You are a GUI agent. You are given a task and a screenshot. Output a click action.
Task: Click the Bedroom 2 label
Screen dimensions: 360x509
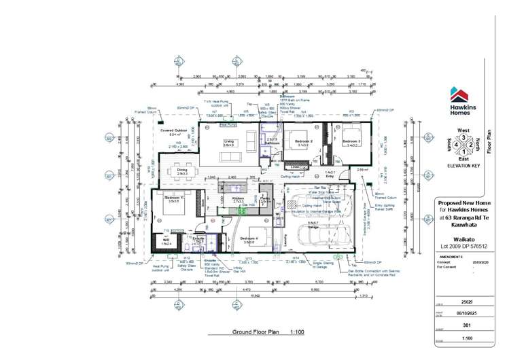click(303, 142)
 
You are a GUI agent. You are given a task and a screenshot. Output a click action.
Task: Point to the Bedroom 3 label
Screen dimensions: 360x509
click(351, 142)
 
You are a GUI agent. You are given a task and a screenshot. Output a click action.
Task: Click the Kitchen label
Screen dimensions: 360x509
click(238, 198)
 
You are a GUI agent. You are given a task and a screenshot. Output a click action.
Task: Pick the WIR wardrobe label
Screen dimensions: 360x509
click(166, 239)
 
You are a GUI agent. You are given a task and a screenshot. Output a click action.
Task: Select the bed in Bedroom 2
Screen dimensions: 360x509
click(302, 133)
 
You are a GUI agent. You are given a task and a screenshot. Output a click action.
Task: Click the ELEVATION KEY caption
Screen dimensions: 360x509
click(463, 166)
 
